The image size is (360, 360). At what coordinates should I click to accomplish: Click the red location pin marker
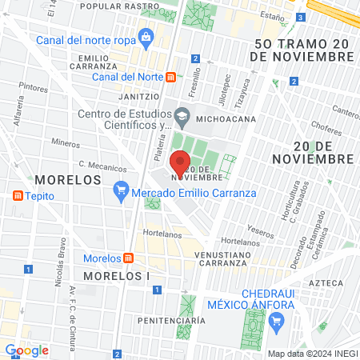180,163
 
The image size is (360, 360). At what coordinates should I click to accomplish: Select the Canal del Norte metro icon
171,77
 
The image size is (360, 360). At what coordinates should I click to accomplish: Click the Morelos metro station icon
128,258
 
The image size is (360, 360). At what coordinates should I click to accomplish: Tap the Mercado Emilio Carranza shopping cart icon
121,190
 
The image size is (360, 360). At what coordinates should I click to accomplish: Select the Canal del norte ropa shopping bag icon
146,36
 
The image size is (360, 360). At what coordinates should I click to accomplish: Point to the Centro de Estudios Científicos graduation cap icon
181,117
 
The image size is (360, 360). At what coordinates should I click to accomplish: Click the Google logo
27,350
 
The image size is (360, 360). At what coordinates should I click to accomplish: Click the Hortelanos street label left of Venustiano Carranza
163,235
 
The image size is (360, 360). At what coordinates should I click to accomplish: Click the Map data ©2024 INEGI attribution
310,353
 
